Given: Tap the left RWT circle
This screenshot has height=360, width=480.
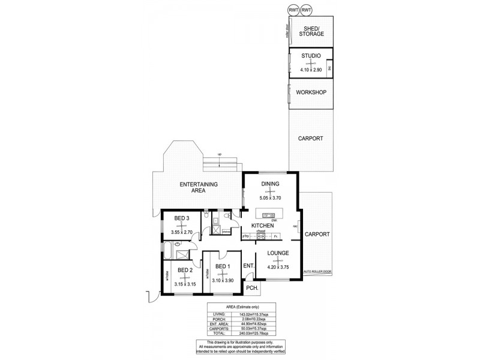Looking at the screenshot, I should (x=293, y=10).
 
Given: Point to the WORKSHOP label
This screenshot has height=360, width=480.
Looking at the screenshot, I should (x=311, y=92).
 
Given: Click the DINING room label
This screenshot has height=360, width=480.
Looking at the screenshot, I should (x=270, y=184).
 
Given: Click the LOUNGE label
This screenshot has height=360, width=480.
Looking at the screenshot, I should (x=278, y=253).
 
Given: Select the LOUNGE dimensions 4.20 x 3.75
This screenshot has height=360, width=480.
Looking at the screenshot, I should (x=278, y=268).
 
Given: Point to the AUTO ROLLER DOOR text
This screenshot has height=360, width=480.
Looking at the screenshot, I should (x=318, y=271).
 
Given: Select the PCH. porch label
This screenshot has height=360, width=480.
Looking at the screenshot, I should (x=252, y=289).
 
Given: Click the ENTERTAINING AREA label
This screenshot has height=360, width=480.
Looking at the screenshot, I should (x=198, y=187).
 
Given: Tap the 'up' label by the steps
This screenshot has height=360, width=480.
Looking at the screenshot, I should (x=220, y=155).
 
